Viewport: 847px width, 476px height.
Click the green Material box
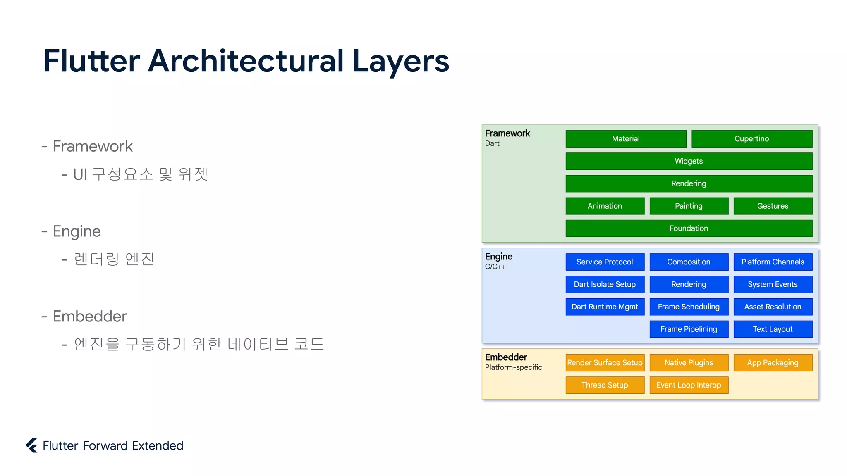626,139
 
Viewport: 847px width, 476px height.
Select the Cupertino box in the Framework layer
751,139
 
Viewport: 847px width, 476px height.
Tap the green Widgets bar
689,161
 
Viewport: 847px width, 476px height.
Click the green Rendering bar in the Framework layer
689,183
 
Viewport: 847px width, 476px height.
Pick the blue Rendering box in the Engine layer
689,284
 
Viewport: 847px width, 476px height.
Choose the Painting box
689,206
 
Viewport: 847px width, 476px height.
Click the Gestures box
773,206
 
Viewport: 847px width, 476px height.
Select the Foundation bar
689,228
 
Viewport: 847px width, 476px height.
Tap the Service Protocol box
605,262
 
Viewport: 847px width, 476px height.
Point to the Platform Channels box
773,262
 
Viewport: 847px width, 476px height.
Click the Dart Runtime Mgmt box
605,307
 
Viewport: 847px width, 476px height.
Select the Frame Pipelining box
689,329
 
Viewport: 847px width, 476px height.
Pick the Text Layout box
773,329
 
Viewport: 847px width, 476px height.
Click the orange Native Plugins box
689,363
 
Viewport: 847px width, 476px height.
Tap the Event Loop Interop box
689,385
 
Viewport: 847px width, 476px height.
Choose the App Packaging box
773,363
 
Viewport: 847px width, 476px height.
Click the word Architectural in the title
246,61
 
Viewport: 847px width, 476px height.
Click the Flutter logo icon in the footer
32,445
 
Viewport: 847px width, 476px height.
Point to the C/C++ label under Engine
495,267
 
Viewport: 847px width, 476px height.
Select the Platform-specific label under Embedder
513,367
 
